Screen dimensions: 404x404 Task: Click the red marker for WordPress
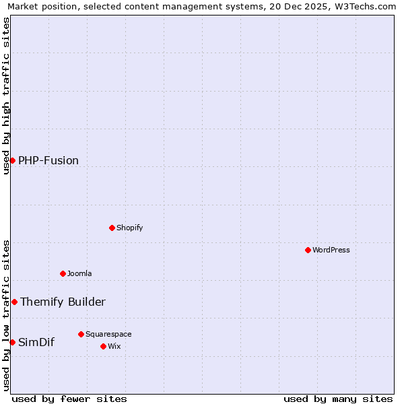pyautogui.click(x=308, y=250)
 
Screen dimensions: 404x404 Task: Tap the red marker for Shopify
pyautogui.click(x=112, y=228)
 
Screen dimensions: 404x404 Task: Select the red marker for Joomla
pyautogui.click(x=63, y=273)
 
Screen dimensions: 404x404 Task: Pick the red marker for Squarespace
pyautogui.click(x=81, y=334)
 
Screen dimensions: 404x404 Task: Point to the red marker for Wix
pyautogui.click(x=103, y=346)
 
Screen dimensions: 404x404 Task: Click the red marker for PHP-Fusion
pyautogui.click(x=12, y=160)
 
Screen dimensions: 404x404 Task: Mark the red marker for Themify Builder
pyautogui.click(x=14, y=302)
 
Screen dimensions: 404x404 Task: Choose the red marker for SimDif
pyautogui.click(x=12, y=342)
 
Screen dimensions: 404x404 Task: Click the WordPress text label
pyautogui.click(x=331, y=250)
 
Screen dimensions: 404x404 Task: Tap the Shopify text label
pyautogui.click(x=130, y=228)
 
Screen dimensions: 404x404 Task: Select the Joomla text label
pyautogui.click(x=79, y=273)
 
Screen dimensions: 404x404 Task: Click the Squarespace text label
pyautogui.click(x=108, y=334)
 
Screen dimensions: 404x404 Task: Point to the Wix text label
pyautogui.click(x=114, y=346)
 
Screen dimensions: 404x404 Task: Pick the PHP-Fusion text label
pyautogui.click(x=48, y=160)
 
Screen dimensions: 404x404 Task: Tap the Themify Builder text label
pyautogui.click(x=63, y=302)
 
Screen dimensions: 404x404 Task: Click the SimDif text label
pyautogui.click(x=36, y=342)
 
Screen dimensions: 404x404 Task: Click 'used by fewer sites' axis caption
pyautogui.click(x=69, y=399)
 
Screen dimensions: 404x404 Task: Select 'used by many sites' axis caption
pyautogui.click(x=338, y=399)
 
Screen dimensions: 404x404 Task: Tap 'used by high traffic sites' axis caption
pyautogui.click(x=6, y=96)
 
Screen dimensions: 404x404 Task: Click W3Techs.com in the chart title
pyautogui.click(x=364, y=7)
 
